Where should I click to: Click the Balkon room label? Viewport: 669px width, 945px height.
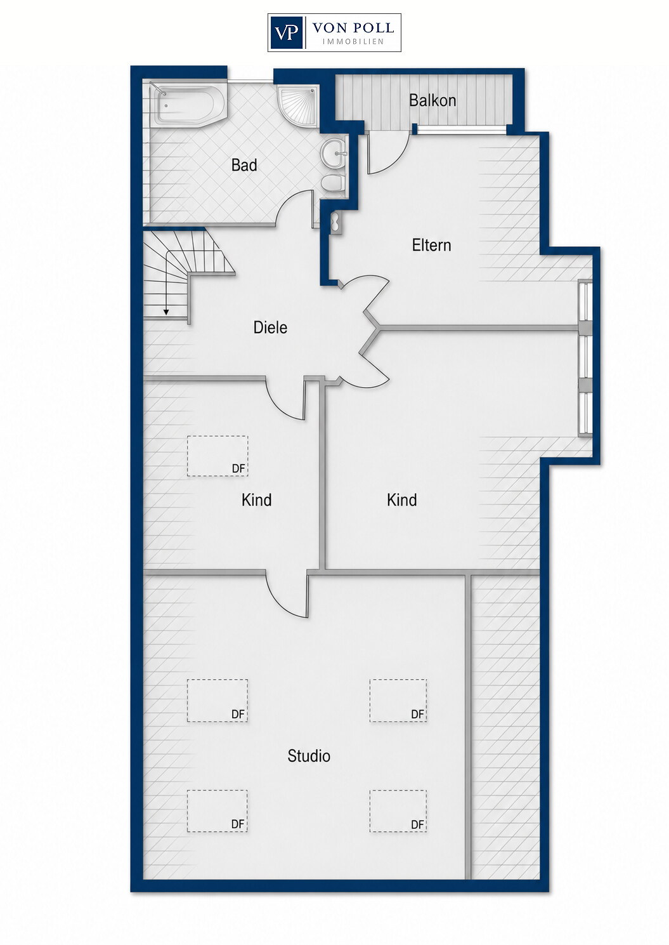pos(432,100)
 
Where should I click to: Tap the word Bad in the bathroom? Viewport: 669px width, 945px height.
pos(244,165)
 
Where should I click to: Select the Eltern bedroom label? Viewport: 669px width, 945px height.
pos(431,245)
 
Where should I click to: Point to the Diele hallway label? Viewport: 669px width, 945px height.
pos(270,327)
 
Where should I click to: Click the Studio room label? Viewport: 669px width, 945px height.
pos(309,756)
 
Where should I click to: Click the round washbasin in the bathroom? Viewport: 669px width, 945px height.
pos(334,153)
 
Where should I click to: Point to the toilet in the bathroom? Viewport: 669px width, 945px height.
pos(334,183)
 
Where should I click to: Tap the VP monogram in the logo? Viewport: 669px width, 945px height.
pos(287,33)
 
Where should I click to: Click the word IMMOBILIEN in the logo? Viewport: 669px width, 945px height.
pos(353,42)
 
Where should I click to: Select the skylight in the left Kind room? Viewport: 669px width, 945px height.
pos(218,456)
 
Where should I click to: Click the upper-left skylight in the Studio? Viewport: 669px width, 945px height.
pos(218,700)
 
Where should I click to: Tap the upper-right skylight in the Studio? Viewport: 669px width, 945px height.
pos(398,700)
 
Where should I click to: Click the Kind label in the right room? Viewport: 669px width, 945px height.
pos(402,500)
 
